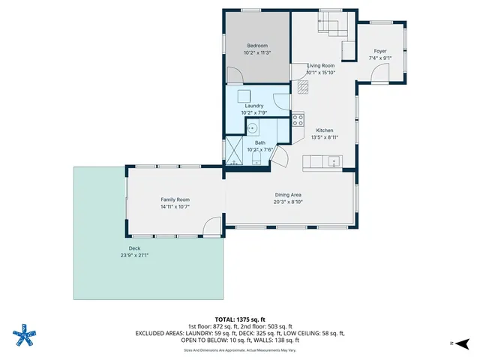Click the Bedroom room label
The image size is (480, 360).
(x=257, y=46)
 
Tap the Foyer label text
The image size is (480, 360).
(x=380, y=51)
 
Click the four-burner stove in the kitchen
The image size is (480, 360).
(x=298, y=118)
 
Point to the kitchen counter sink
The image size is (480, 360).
(x=333, y=160)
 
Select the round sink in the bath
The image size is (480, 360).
(x=253, y=127)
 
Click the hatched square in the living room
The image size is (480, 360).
(x=302, y=87)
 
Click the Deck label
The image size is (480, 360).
(x=135, y=248)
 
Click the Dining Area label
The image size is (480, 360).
(x=292, y=195)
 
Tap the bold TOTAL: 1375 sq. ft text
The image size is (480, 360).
(x=239, y=319)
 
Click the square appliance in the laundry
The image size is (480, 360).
(x=244, y=96)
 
